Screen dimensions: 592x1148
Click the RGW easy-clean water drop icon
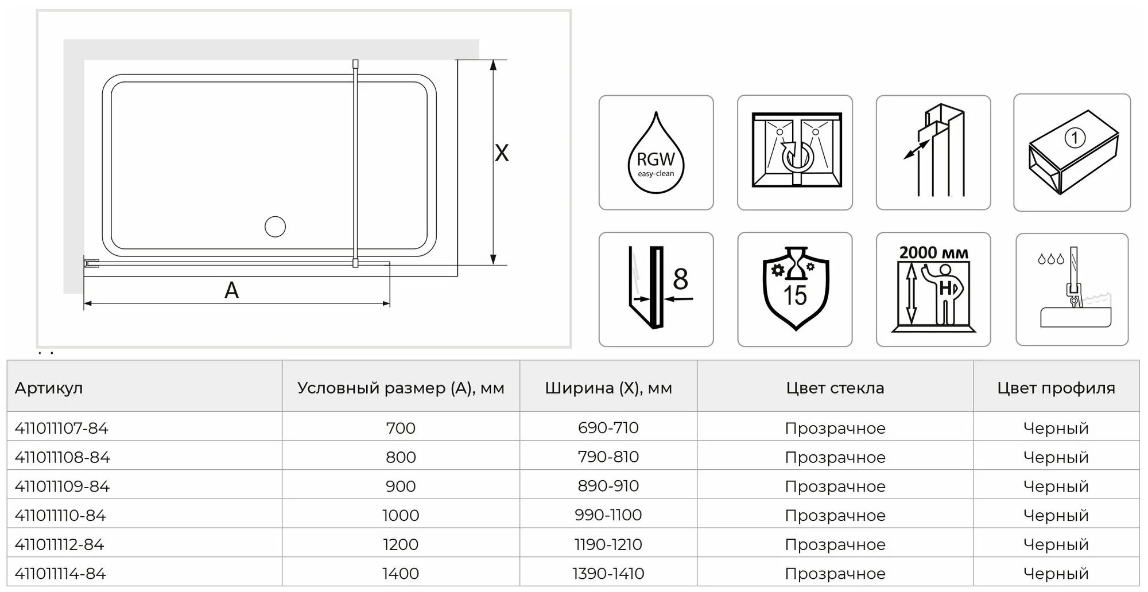point(656,153)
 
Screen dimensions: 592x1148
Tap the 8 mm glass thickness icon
point(656,289)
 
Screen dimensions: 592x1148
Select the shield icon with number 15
point(795,289)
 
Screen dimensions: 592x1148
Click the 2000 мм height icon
point(933,289)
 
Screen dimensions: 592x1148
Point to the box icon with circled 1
point(1072,153)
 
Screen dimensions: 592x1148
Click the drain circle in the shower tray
point(276,227)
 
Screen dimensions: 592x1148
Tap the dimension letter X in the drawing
point(502,153)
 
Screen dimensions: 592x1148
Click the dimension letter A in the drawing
point(231,290)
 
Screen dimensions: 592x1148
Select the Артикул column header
point(49,388)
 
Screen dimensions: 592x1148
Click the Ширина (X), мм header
point(608,388)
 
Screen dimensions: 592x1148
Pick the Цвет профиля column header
point(1056,388)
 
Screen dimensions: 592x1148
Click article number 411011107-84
point(61,428)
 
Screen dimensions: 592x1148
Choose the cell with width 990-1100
point(608,515)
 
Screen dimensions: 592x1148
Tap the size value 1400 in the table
point(401,573)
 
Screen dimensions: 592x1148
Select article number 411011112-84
point(60,544)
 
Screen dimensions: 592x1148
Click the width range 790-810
point(608,457)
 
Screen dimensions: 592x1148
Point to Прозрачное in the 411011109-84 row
point(835,486)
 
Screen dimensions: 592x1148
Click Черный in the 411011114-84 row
point(1056,573)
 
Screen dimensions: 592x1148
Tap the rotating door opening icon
point(795,153)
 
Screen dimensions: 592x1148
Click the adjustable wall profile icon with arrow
point(933,153)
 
